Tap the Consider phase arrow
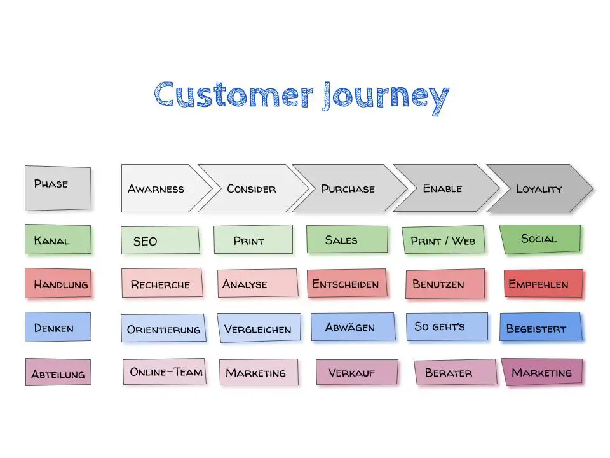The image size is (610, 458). (x=252, y=188)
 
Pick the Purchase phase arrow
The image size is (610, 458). (x=348, y=188)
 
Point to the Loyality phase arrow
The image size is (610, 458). (x=539, y=188)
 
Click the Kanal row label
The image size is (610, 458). (x=57, y=240)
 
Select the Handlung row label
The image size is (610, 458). (x=58, y=284)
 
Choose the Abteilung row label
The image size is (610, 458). (x=58, y=373)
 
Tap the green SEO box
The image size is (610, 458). (x=159, y=240)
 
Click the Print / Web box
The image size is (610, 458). (x=443, y=240)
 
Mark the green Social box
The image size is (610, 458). (x=539, y=239)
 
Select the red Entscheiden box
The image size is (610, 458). (x=346, y=284)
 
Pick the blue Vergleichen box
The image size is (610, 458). (x=258, y=328)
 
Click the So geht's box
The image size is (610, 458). (x=447, y=326)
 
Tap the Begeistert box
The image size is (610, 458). (x=541, y=327)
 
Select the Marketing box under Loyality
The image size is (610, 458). (x=541, y=372)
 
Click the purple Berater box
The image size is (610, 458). (x=455, y=373)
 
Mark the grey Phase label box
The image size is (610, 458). (x=57, y=187)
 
